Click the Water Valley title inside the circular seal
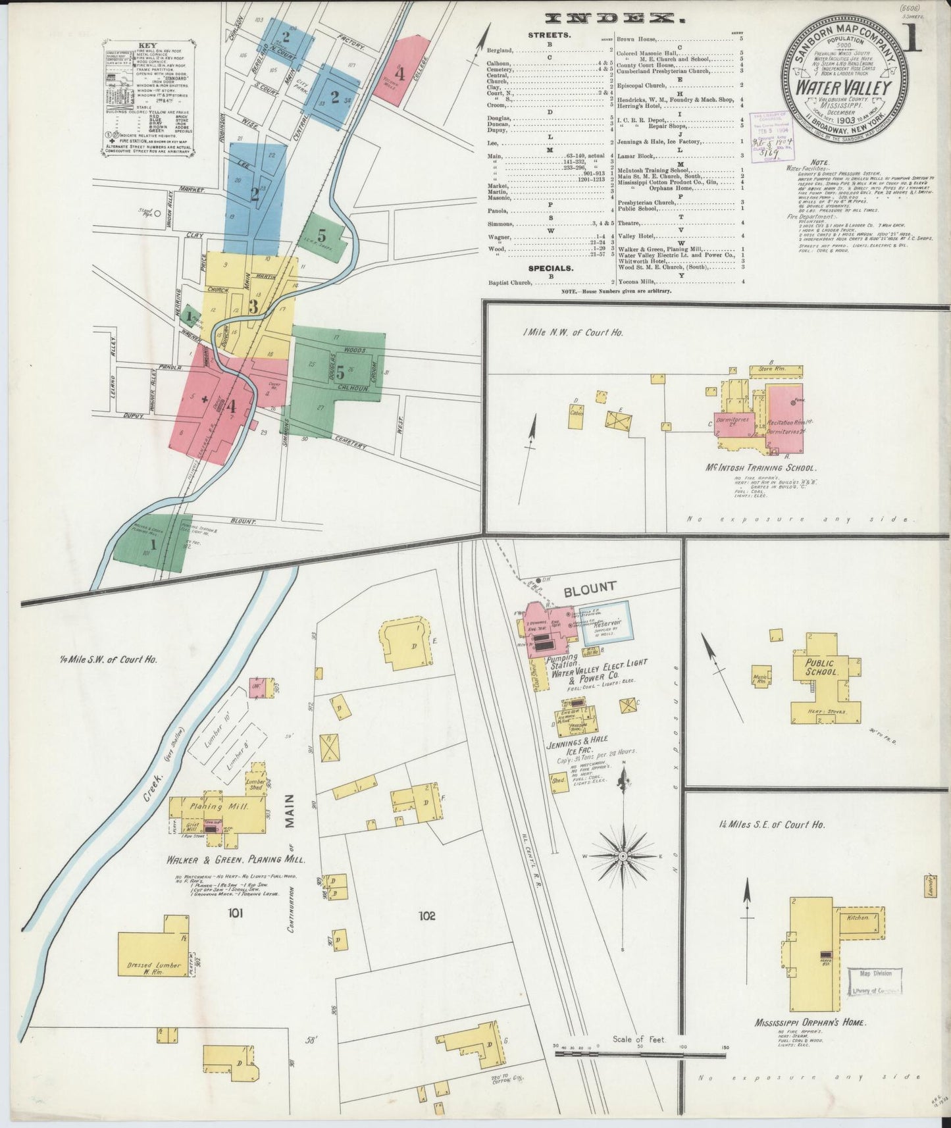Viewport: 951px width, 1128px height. click(844, 88)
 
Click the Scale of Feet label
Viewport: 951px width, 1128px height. click(639, 1039)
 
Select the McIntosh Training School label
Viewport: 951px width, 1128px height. click(765, 468)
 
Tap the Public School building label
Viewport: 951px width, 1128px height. click(821, 668)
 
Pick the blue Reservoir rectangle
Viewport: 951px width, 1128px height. click(605, 622)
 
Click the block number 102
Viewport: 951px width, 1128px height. click(426, 915)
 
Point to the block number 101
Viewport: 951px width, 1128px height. click(235, 913)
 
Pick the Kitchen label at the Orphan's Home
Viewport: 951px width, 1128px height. click(858, 917)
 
